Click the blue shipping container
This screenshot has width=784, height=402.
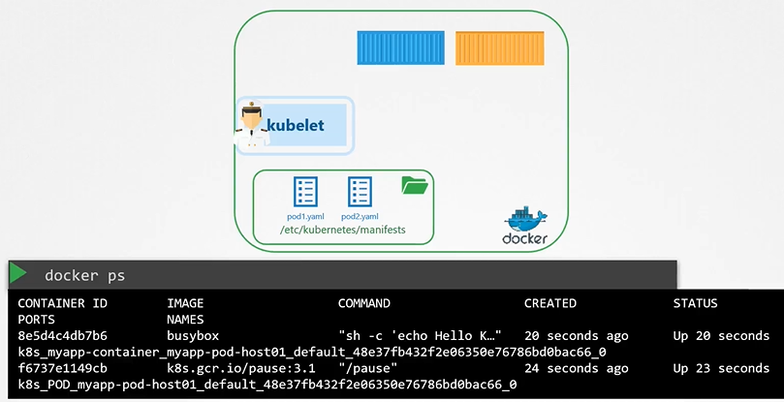click(x=399, y=48)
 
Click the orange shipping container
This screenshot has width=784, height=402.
click(x=498, y=48)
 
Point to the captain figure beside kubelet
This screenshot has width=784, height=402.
click(x=251, y=124)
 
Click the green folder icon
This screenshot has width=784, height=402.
click(x=414, y=184)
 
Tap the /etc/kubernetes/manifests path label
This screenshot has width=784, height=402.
click(x=342, y=232)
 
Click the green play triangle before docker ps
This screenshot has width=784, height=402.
click(x=18, y=274)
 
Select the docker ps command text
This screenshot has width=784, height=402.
click(x=84, y=276)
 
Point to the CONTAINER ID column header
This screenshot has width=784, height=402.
click(x=62, y=303)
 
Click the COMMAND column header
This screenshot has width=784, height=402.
click(x=363, y=303)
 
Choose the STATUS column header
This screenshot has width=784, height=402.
click(x=695, y=303)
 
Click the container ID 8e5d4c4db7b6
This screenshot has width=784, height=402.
click(x=62, y=336)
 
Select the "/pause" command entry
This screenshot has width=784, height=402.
click(x=365, y=368)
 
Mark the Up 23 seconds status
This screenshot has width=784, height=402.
click(x=721, y=368)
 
